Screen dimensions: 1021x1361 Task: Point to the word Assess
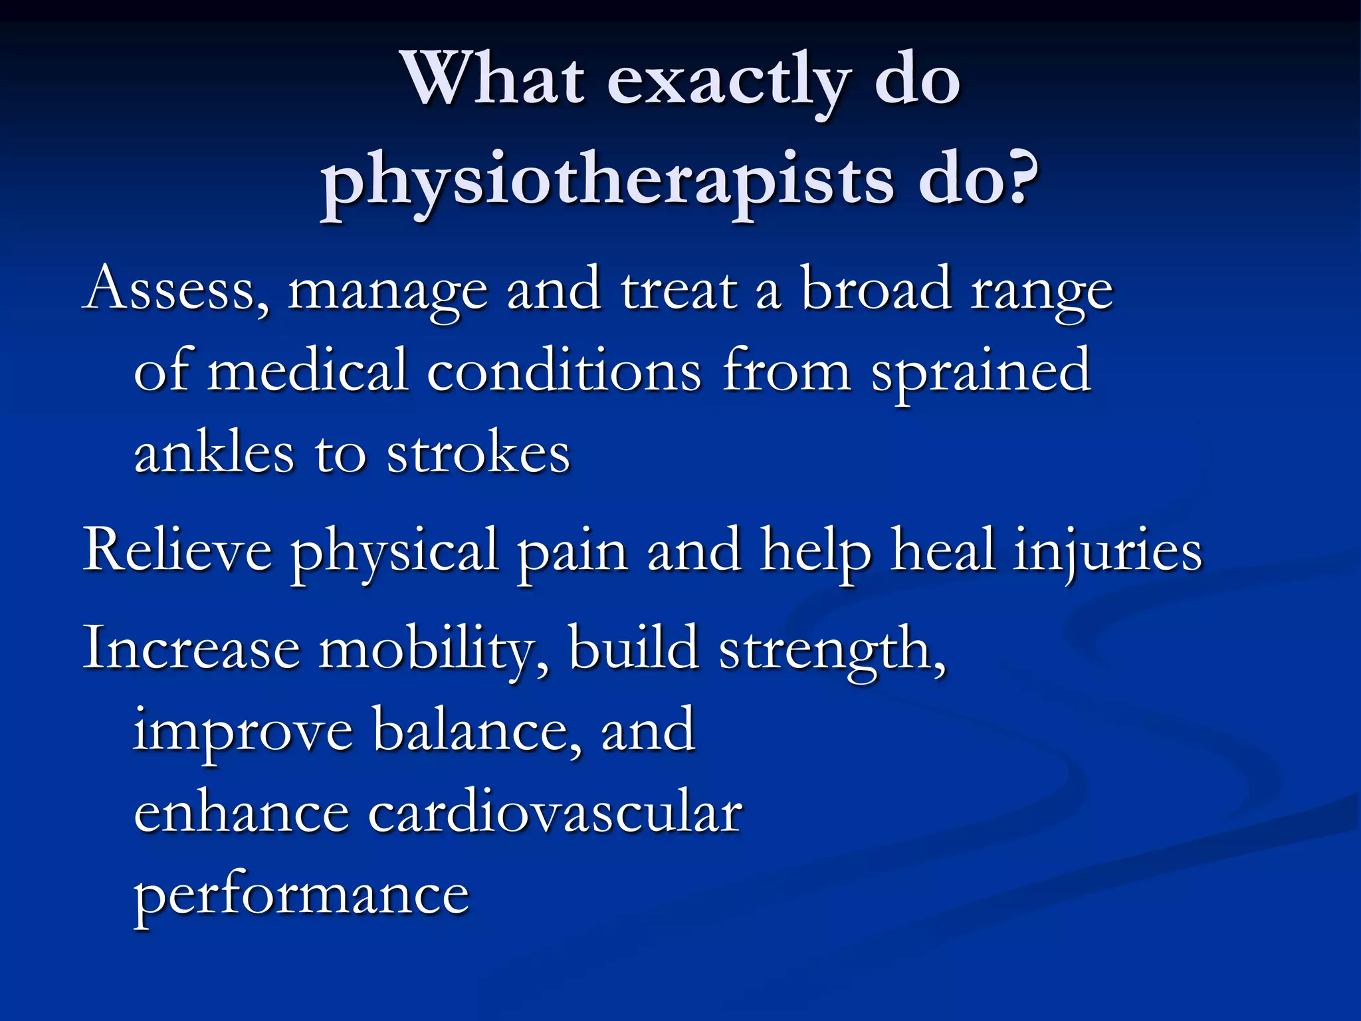click(176, 290)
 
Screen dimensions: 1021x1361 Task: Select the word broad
click(875, 288)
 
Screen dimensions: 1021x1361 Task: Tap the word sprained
click(981, 372)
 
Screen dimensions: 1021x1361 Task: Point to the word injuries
click(1107, 552)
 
